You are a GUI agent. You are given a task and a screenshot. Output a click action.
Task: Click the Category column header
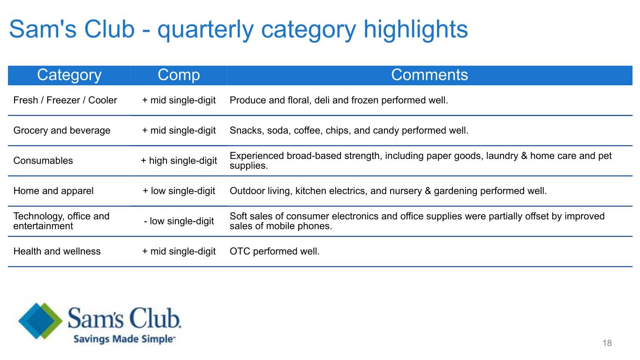click(69, 75)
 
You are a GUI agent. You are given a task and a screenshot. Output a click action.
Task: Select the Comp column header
click(179, 75)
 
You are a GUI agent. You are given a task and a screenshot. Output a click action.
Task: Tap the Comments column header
click(429, 75)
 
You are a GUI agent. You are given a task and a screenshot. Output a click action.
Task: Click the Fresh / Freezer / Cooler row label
click(65, 100)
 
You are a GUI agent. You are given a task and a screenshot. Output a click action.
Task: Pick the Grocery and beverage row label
click(62, 131)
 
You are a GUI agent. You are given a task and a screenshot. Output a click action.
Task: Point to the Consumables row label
click(43, 161)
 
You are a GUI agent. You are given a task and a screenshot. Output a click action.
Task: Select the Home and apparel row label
click(53, 191)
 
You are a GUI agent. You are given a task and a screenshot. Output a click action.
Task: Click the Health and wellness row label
click(57, 251)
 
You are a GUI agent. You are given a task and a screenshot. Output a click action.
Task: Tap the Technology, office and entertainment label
click(61, 221)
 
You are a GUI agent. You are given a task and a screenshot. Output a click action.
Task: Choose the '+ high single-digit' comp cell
click(179, 161)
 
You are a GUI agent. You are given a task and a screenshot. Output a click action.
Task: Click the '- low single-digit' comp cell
click(179, 221)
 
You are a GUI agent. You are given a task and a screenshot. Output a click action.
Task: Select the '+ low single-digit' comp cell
click(179, 191)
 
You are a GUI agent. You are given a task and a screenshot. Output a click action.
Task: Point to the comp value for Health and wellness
click(179, 251)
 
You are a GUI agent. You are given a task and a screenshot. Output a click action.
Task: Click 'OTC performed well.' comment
click(275, 251)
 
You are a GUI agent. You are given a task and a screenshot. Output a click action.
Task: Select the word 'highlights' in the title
click(416, 30)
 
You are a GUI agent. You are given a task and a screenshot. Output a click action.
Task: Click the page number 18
click(607, 343)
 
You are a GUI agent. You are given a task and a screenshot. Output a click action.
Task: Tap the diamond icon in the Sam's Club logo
click(40, 321)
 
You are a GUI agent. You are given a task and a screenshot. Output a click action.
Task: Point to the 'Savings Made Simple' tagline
click(124, 339)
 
